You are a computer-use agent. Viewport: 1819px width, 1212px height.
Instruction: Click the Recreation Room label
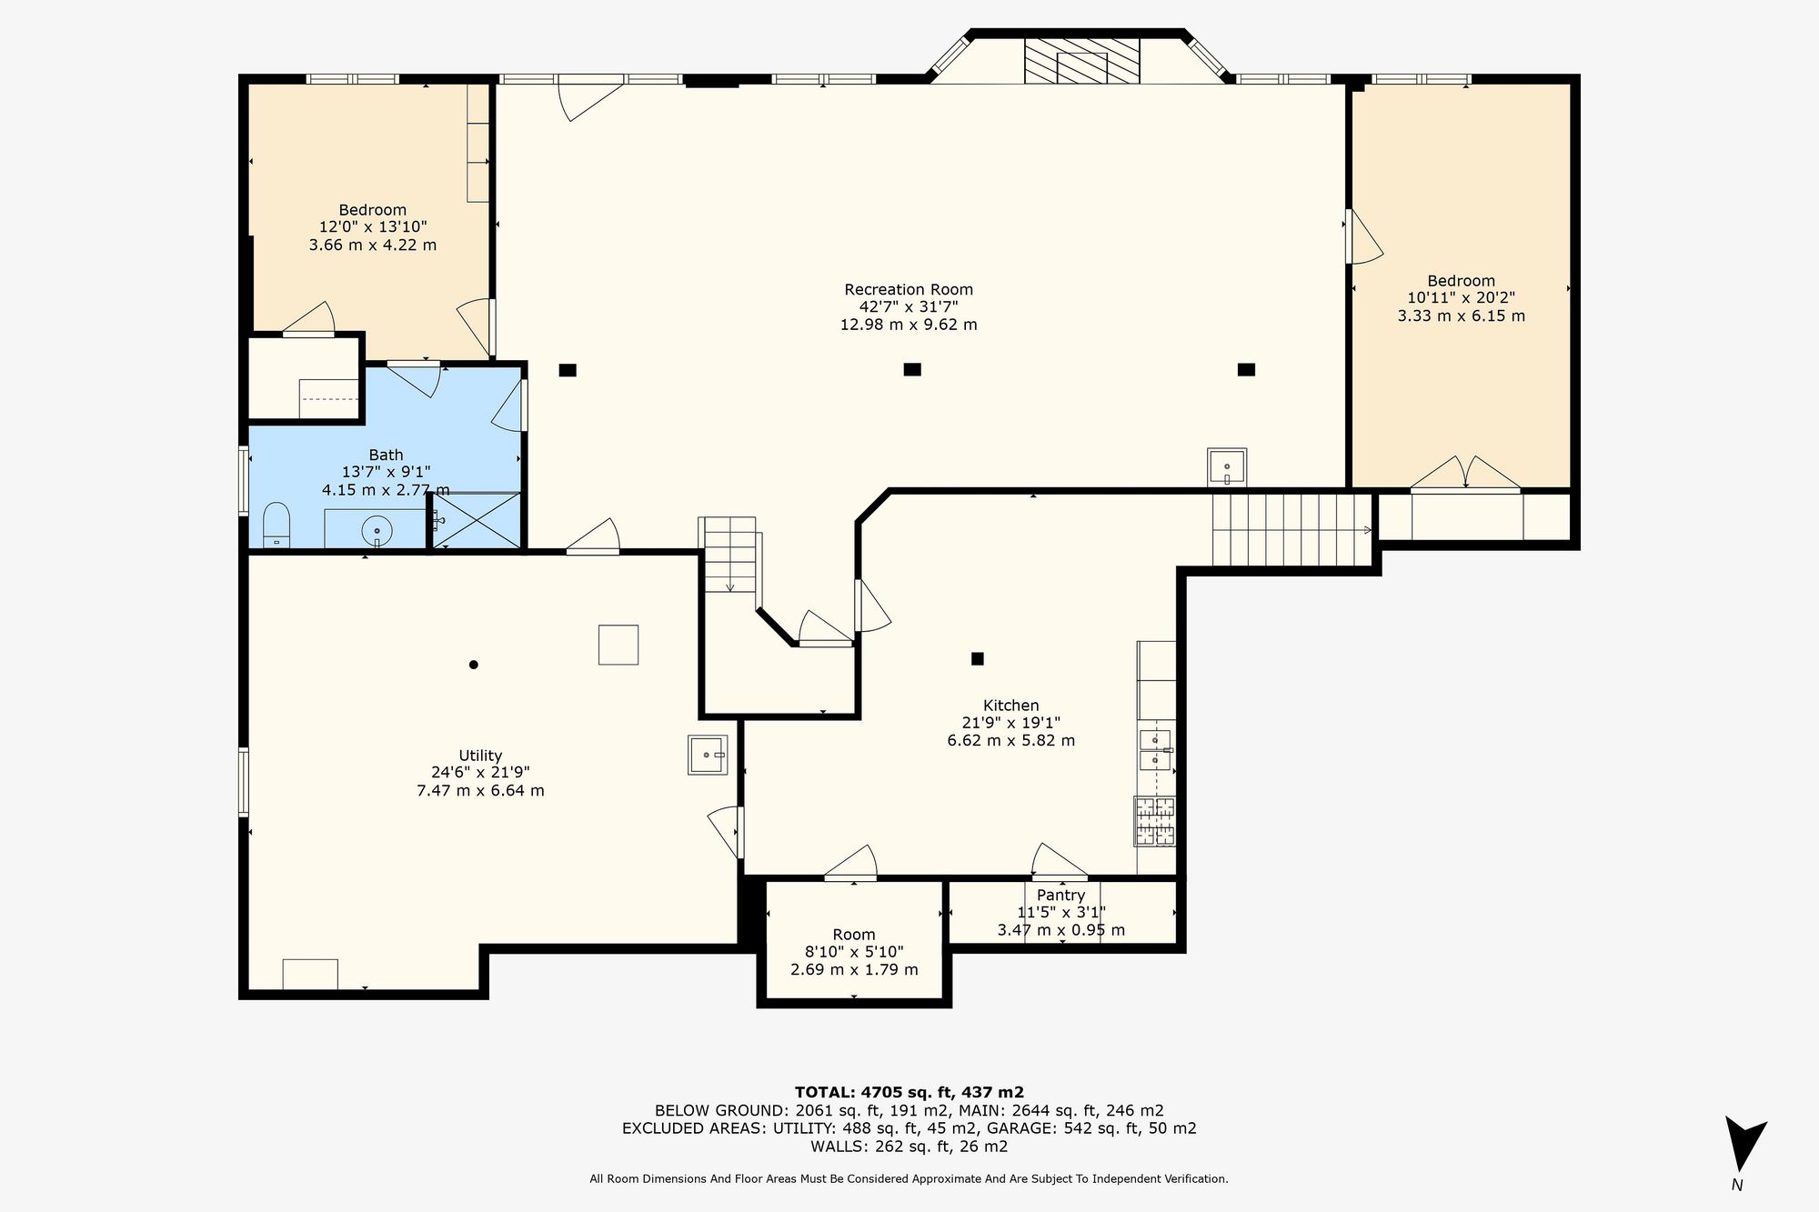(909, 290)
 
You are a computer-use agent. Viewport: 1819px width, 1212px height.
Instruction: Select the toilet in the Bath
(276, 526)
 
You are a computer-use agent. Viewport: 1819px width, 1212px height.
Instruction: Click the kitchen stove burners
(1154, 821)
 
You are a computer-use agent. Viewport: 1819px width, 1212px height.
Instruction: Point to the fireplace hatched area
(1081, 61)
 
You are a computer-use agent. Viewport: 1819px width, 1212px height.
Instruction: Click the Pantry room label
(1060, 896)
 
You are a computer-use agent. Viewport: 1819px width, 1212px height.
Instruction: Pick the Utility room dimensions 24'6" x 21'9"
(480, 773)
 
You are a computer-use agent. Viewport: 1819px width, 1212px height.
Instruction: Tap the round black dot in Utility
(473, 665)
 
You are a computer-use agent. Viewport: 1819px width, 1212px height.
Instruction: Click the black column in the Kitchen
(978, 658)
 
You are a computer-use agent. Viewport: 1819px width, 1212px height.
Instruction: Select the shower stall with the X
(477, 521)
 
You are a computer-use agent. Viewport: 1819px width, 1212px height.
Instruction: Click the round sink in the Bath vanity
(377, 529)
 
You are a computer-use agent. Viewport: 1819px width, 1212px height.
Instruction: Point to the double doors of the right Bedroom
(1465, 474)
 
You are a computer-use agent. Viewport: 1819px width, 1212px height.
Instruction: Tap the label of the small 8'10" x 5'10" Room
(854, 935)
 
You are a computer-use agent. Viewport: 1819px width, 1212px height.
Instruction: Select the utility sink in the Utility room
(708, 755)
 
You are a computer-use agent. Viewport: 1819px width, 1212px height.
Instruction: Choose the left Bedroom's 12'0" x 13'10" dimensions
(373, 227)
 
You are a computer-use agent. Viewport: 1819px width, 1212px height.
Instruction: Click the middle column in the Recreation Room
(912, 369)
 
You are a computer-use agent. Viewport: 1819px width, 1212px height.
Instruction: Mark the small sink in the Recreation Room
(1227, 467)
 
